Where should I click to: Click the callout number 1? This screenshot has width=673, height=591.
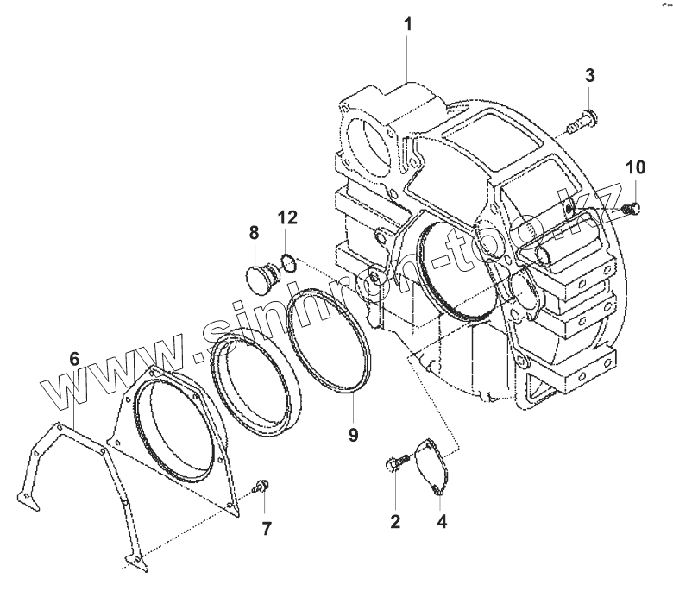408,23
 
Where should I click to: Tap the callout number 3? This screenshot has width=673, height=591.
589,75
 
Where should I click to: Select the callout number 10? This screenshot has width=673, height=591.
634,167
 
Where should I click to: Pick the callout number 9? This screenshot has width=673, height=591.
353,435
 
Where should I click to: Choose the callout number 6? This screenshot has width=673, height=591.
74,356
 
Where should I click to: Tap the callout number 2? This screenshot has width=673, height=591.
395,520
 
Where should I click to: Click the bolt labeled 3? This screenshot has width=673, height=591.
581,122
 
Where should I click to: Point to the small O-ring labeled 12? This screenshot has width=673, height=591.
290,262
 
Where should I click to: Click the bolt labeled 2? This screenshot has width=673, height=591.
393,467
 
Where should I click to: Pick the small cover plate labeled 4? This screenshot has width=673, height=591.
431,466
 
